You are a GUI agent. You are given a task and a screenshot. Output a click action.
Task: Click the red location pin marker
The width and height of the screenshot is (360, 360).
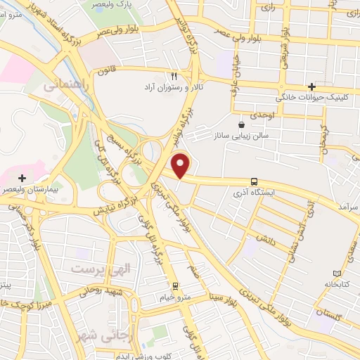[181, 165]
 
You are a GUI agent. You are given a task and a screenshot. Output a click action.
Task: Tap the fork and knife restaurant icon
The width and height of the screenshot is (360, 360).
[174, 75]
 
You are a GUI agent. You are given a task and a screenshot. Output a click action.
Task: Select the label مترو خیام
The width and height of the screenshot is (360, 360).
[176, 297]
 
